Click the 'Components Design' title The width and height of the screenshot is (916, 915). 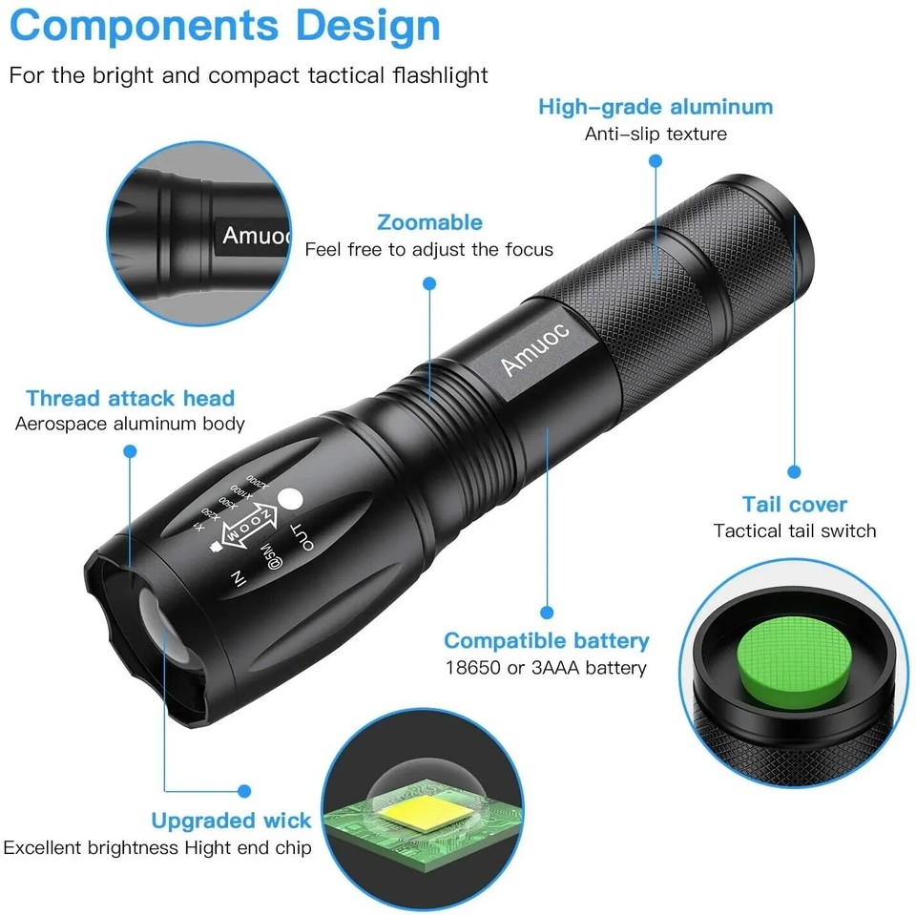tap(225, 27)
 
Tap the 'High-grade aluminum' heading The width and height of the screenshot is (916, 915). tap(656, 107)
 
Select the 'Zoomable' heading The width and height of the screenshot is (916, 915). tap(429, 223)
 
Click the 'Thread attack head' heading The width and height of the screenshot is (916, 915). tap(130, 399)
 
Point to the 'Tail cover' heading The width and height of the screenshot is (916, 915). tap(794, 506)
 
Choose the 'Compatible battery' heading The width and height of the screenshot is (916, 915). tap(546, 641)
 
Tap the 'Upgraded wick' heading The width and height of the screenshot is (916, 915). tap(231, 821)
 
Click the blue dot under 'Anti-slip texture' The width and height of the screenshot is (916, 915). tap(656, 161)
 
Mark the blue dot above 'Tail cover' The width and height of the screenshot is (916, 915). tap(794, 471)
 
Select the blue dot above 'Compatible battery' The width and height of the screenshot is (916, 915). tap(547, 613)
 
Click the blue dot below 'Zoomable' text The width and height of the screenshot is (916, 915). tap(429, 283)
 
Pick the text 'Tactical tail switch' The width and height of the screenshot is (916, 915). tap(794, 531)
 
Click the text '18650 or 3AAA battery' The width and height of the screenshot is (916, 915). tap(546, 668)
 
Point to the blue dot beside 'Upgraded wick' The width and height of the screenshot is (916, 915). tap(245, 791)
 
